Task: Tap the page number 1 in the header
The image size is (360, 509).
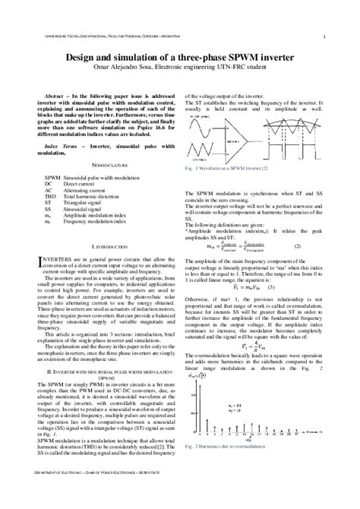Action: coord(324,36)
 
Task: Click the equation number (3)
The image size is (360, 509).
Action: coord(270,288)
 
